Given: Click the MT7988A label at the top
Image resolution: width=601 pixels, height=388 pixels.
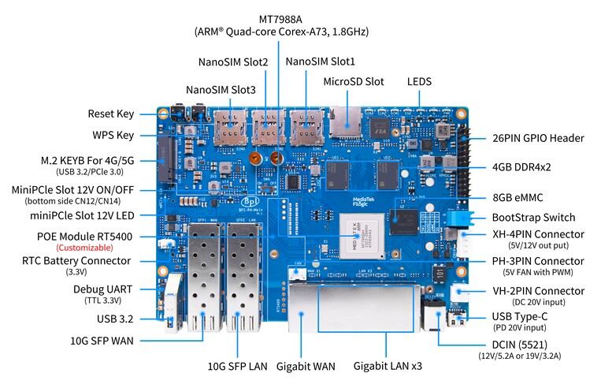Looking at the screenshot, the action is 280,19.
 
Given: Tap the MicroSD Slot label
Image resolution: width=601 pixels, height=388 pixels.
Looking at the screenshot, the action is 354,81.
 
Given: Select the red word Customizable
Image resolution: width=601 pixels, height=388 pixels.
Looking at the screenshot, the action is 85,248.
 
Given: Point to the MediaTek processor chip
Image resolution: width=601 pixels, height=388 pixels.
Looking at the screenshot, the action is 362,236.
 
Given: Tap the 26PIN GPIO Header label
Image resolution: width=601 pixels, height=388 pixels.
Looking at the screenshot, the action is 538,138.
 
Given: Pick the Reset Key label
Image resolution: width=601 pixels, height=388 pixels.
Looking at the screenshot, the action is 111,114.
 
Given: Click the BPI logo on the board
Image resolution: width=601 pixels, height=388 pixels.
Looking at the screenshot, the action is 250,201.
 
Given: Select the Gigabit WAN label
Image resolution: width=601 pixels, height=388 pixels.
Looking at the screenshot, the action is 306,367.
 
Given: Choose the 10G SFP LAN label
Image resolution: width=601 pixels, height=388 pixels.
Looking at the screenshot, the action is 237,367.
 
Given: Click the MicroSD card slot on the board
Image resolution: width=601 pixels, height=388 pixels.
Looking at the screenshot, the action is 345,121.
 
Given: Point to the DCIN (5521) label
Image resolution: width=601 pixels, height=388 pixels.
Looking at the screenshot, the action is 519,345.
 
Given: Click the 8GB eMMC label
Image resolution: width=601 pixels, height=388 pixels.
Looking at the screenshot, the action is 518,197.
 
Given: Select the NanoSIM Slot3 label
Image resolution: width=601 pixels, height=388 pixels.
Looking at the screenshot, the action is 221,90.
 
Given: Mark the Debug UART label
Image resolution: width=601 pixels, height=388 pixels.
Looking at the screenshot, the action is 102,289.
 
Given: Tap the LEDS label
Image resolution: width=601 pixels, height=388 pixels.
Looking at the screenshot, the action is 419,81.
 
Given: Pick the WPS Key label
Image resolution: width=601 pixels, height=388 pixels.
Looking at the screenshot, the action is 113,136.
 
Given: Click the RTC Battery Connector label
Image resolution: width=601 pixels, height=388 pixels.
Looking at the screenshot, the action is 76,261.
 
